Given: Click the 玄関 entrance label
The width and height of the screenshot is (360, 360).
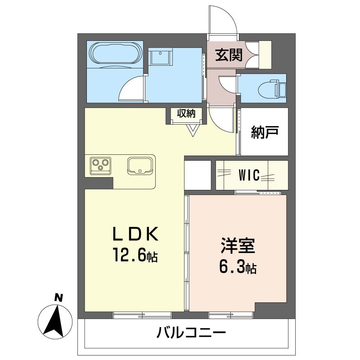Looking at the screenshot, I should coord(229,55).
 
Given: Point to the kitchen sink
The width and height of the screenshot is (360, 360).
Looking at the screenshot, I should coord(140,165).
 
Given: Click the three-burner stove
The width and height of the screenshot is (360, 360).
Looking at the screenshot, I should coord(100,165).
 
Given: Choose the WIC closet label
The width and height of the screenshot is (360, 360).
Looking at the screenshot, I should coord(249,175).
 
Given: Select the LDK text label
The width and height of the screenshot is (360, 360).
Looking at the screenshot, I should coord(135,234).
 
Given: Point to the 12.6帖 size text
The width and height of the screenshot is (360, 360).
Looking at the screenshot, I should coord(135,256).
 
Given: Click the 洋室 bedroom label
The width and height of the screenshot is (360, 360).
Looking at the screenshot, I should coord(238,247).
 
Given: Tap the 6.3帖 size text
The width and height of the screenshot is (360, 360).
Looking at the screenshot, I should coord(238,268).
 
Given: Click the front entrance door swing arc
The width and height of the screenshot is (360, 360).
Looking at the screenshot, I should coord(224,20).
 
